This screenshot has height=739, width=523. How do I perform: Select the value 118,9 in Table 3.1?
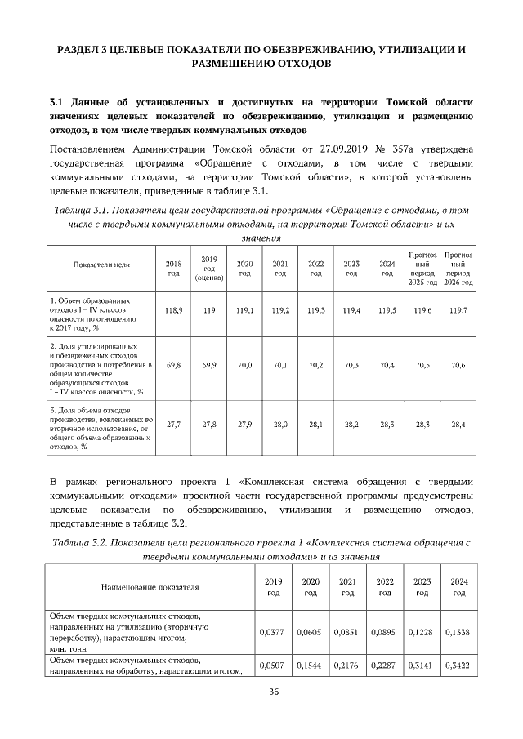[x=173, y=311]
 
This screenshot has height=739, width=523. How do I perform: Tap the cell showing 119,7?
[x=458, y=311]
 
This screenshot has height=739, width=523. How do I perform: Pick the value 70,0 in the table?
[x=244, y=365]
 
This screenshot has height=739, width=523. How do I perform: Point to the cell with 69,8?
[x=173, y=365]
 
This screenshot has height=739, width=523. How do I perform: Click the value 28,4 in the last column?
[x=458, y=425]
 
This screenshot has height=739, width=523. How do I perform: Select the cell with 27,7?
[x=173, y=425]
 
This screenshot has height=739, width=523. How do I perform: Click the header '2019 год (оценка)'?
[x=208, y=268]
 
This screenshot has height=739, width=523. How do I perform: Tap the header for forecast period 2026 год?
[x=458, y=268]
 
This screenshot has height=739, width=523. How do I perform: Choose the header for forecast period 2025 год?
[x=422, y=268]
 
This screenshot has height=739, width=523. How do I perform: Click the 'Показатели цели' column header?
[x=102, y=265]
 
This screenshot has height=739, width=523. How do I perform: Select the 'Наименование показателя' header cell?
[x=150, y=586]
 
